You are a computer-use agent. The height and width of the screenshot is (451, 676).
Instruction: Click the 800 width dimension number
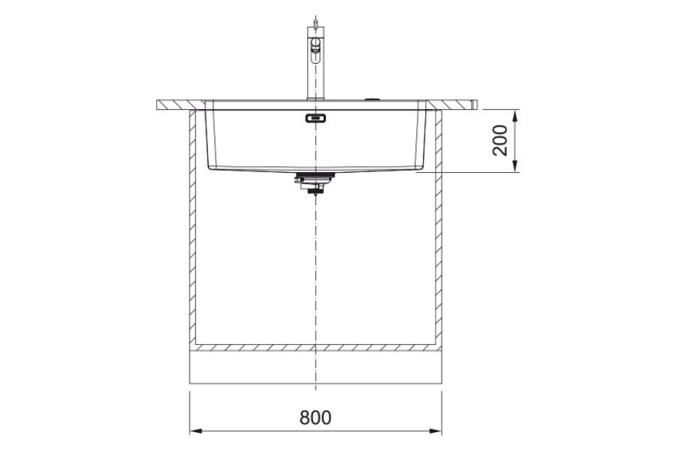coord(315,417)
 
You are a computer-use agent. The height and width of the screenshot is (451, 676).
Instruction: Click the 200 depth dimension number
coord(500,141)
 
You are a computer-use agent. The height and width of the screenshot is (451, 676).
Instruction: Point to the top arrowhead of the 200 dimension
coord(515,116)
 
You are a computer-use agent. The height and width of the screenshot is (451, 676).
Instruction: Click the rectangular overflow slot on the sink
coord(315,118)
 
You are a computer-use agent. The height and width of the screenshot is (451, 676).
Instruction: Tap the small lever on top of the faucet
coord(316,23)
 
